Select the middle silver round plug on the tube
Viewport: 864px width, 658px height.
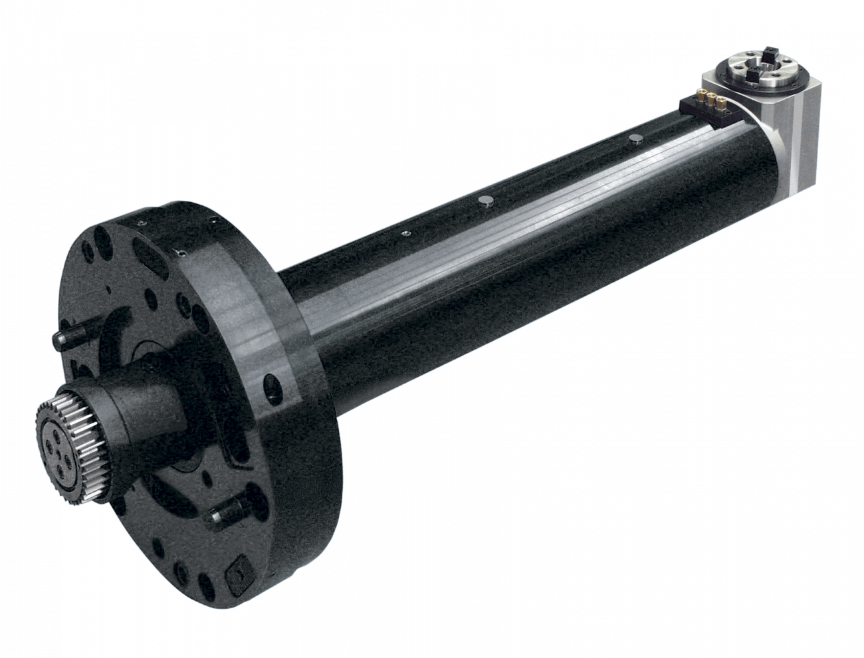coord(487,199)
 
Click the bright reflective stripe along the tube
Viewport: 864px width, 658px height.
coord(532,219)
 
